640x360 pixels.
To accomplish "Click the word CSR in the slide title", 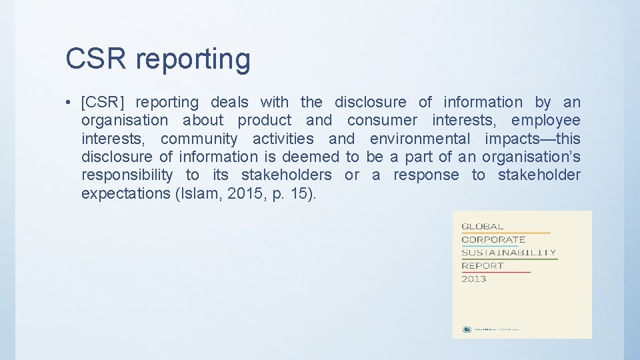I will pyautogui.click(x=96, y=59).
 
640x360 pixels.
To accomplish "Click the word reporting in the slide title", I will pyautogui.click(x=193, y=60).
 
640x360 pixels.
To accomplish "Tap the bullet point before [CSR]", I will pyautogui.click(x=69, y=103).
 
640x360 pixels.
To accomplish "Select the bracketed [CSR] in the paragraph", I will pyautogui.click(x=102, y=103).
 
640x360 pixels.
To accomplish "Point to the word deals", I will pyautogui.click(x=229, y=103).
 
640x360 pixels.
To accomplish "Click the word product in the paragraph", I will pyautogui.click(x=265, y=121).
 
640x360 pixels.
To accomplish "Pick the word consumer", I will pyautogui.click(x=382, y=121).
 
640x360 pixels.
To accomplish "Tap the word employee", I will pyautogui.click(x=546, y=121).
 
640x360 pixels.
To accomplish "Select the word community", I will pyautogui.click(x=199, y=139).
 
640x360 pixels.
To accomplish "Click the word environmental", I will pyautogui.click(x=420, y=139).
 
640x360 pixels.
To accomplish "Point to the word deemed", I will pyautogui.click(x=310, y=157).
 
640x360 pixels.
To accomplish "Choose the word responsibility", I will pyautogui.click(x=127, y=175).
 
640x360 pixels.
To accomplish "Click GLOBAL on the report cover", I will pyautogui.click(x=483, y=227).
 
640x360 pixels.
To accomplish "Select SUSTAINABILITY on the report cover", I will pyautogui.click(x=509, y=253).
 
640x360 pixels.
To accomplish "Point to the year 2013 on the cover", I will pyautogui.click(x=474, y=279).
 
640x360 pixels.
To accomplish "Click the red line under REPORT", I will pyautogui.click(x=496, y=272).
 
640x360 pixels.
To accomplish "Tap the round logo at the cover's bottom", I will pyautogui.click(x=467, y=329).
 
